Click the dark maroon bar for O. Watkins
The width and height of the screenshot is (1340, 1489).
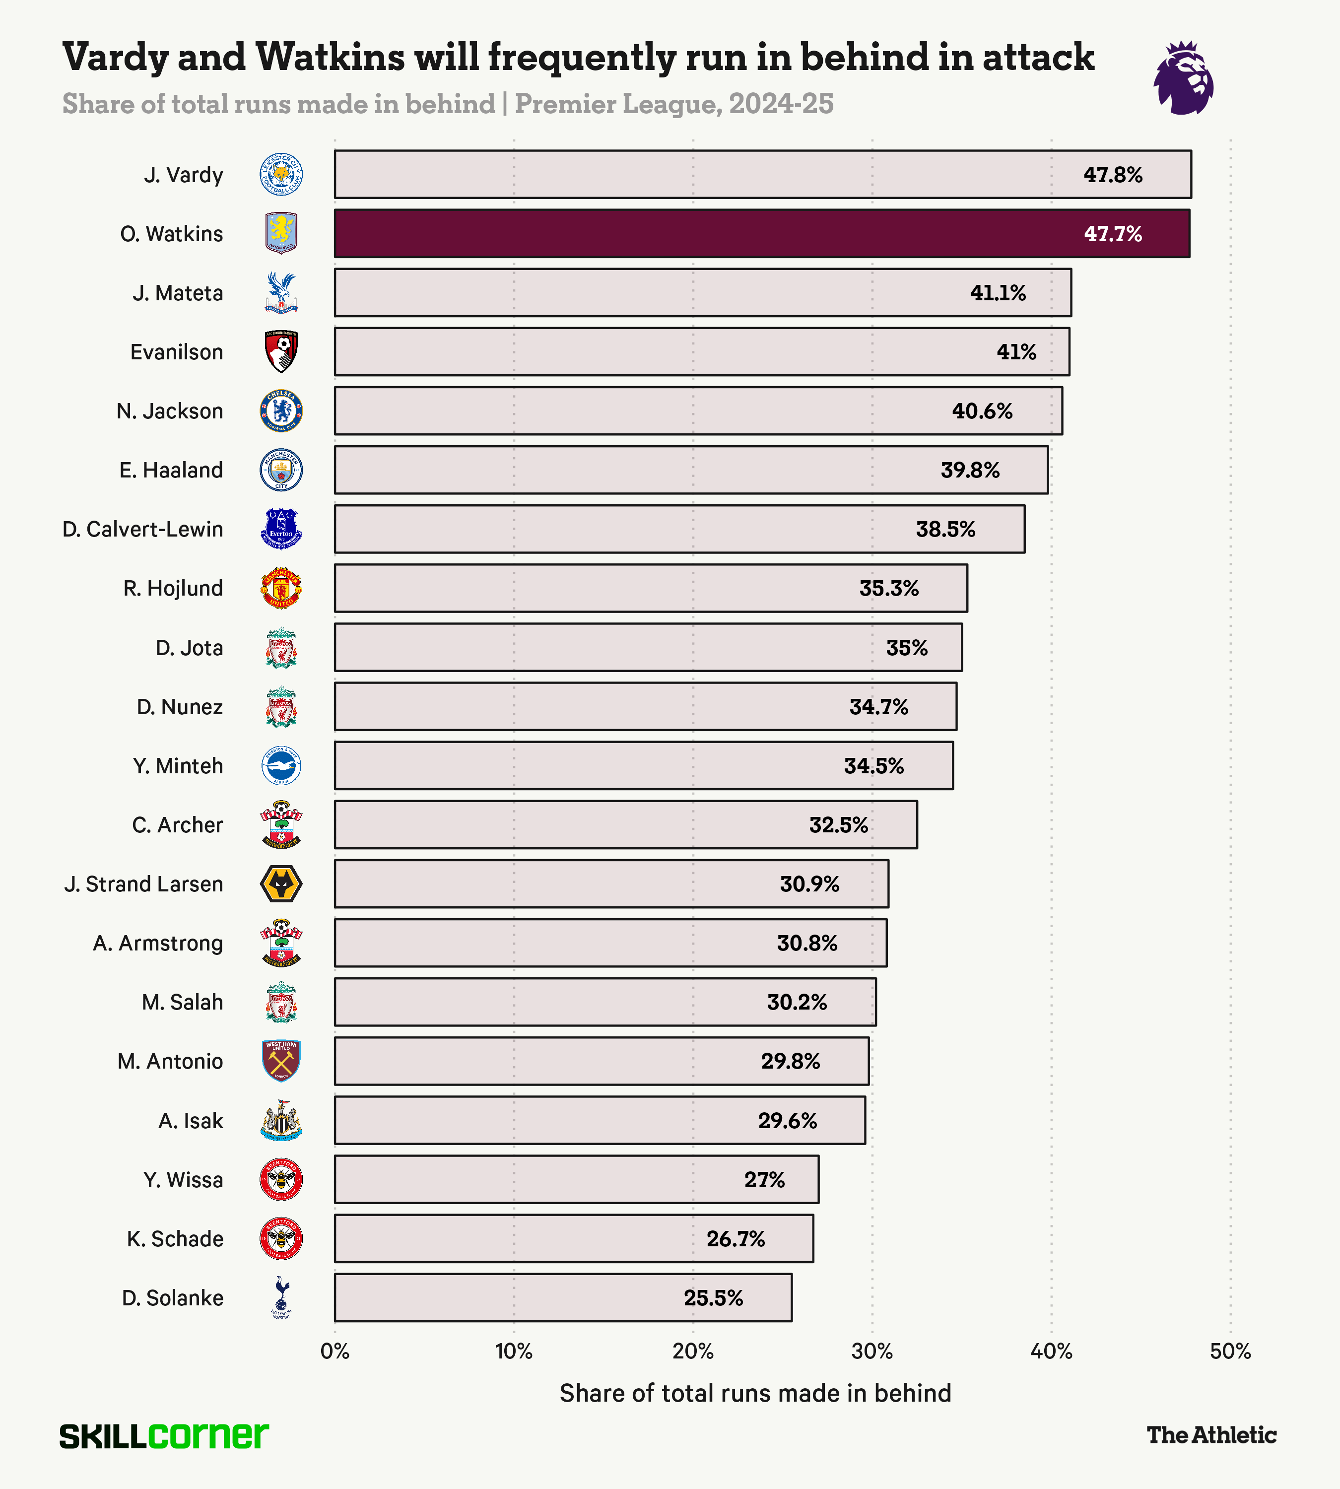click(x=761, y=233)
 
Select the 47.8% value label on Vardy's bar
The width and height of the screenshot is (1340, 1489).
click(x=1113, y=175)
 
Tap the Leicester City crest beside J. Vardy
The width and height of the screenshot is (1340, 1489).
click(x=281, y=175)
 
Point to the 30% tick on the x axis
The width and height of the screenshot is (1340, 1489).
click(x=871, y=1352)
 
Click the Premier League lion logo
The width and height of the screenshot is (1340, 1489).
click(x=1183, y=78)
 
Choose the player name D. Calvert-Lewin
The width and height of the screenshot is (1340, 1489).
click(x=143, y=530)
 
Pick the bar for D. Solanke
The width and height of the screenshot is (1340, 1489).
click(x=562, y=1297)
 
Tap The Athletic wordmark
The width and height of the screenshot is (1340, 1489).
click(x=1211, y=1434)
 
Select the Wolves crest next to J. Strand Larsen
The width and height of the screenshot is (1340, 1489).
click(x=281, y=883)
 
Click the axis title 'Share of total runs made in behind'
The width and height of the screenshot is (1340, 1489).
click(x=755, y=1393)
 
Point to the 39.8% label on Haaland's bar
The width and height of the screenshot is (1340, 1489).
click(x=970, y=470)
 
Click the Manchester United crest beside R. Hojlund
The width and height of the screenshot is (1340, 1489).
click(x=281, y=588)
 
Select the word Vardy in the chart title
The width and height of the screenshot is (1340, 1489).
click(x=116, y=58)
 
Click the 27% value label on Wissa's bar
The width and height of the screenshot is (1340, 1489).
click(x=764, y=1180)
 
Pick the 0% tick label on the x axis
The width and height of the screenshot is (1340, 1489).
click(x=335, y=1352)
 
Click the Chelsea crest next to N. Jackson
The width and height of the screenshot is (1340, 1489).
click(x=281, y=411)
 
